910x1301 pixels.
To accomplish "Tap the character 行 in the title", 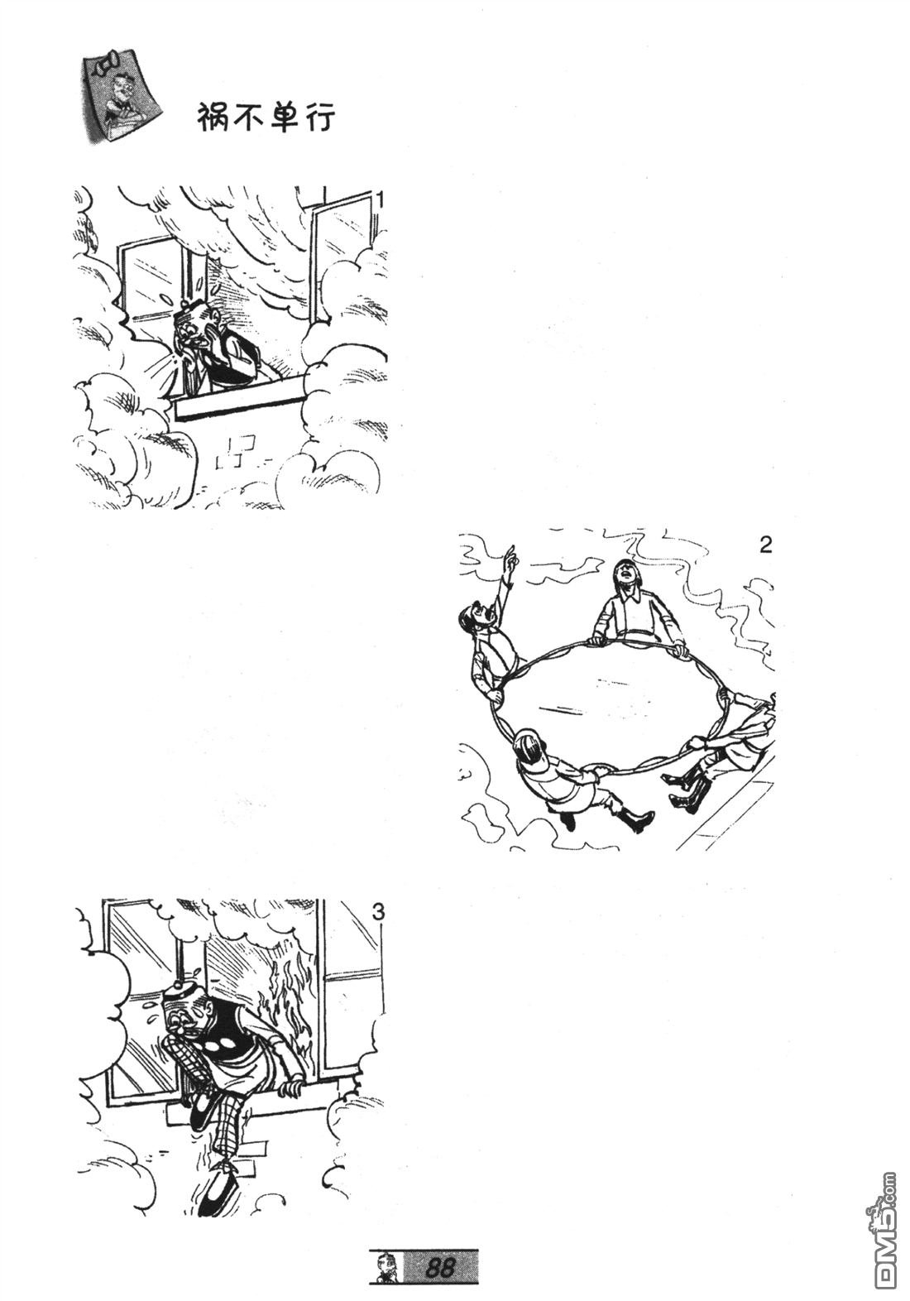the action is [319, 119].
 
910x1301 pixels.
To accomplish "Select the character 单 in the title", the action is [285, 120].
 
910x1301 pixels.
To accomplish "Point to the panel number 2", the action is [765, 545].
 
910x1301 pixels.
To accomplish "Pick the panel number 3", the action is [377, 913].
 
